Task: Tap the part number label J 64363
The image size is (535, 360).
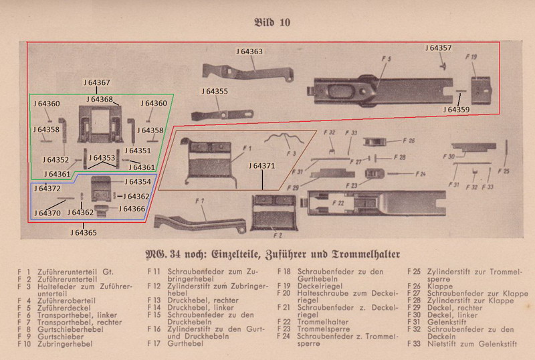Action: click(249, 51)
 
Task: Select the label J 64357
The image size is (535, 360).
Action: click(439, 48)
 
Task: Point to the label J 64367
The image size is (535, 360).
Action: click(97, 82)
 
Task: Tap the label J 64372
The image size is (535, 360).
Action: click(49, 189)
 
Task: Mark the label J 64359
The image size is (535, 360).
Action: click(456, 108)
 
